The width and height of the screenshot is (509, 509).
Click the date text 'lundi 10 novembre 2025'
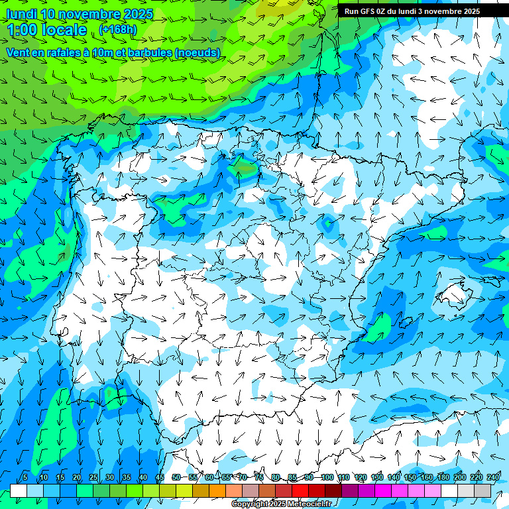[x=80, y=14]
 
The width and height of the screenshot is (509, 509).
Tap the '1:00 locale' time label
[x=47, y=30]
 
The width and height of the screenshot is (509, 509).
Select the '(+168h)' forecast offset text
[x=117, y=29]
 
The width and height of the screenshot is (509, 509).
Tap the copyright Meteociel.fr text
[x=281, y=504]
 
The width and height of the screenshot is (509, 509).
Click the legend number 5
[x=25, y=478]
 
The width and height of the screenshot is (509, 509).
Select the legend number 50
[x=176, y=478]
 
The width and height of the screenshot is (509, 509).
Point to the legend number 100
[x=327, y=478]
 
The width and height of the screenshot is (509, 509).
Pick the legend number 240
[x=493, y=478]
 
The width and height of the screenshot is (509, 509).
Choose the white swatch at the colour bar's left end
[x=19, y=490]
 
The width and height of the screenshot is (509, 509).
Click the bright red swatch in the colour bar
[x=300, y=490]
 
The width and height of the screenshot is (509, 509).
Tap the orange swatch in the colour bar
[x=217, y=490]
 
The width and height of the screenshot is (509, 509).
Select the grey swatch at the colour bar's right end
[x=482, y=490]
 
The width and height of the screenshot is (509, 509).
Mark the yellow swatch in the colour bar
[x=184, y=490]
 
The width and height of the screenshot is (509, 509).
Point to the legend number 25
[x=93, y=478]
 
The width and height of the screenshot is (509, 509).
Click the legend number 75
[x=259, y=478]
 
